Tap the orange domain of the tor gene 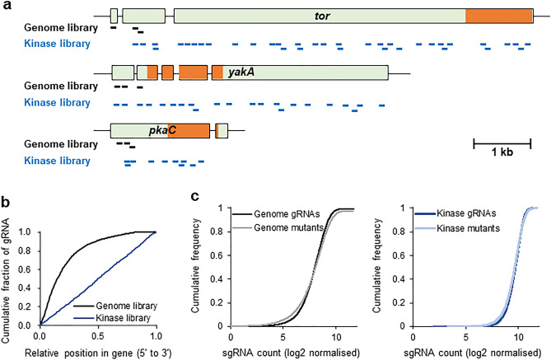pos(499,16)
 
